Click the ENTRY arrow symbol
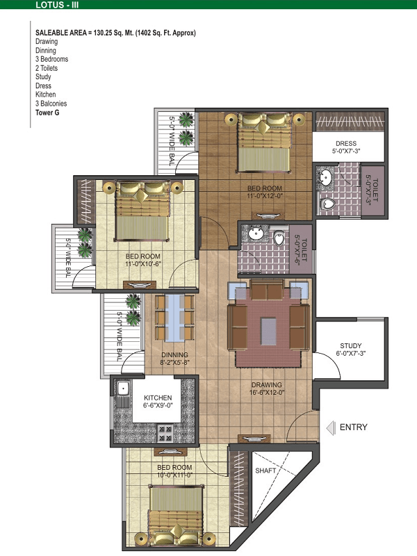point(331,427)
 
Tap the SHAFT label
point(265,471)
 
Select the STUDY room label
point(351,345)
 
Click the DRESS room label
point(346,144)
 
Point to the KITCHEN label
point(158,398)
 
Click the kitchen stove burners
point(165,433)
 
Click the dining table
point(174,318)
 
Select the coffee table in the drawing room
point(268,332)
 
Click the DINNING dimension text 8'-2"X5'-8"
point(175,362)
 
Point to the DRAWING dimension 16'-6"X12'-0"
point(267,393)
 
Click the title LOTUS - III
point(57,5)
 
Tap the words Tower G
point(47,113)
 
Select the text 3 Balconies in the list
point(51,104)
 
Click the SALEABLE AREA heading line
point(115,33)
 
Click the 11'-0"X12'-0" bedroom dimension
point(265,196)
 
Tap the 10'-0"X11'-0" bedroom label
point(174,475)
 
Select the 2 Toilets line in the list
point(47,68)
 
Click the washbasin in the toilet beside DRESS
point(325,177)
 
